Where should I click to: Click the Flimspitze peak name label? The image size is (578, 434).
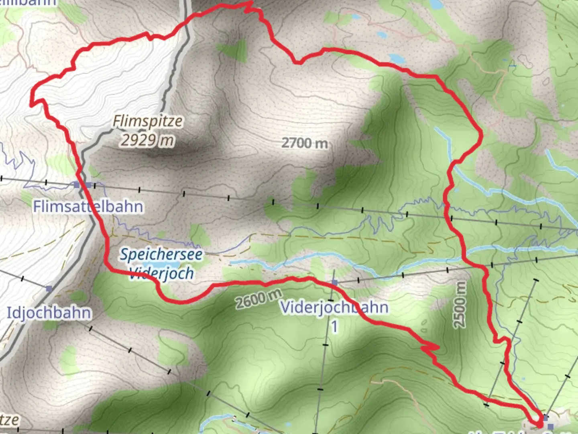click(147, 121)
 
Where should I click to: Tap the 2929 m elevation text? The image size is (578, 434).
click(147, 140)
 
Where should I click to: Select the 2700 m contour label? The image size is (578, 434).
click(304, 143)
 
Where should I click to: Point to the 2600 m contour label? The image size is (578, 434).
click(258, 299)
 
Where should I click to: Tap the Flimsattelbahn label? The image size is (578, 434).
click(88, 207)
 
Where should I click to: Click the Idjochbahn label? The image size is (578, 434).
click(49, 313)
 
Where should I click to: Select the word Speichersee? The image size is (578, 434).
click(161, 254)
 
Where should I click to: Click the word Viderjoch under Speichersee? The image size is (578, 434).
click(162, 273)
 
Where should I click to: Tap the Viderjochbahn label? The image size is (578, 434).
click(334, 307)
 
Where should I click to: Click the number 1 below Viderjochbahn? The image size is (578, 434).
click(334, 327)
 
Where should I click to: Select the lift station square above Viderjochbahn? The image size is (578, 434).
click(334, 283)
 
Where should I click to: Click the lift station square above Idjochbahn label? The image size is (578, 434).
click(49, 289)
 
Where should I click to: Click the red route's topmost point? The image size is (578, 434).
click(250, 2)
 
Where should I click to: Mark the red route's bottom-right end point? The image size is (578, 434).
click(539, 424)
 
